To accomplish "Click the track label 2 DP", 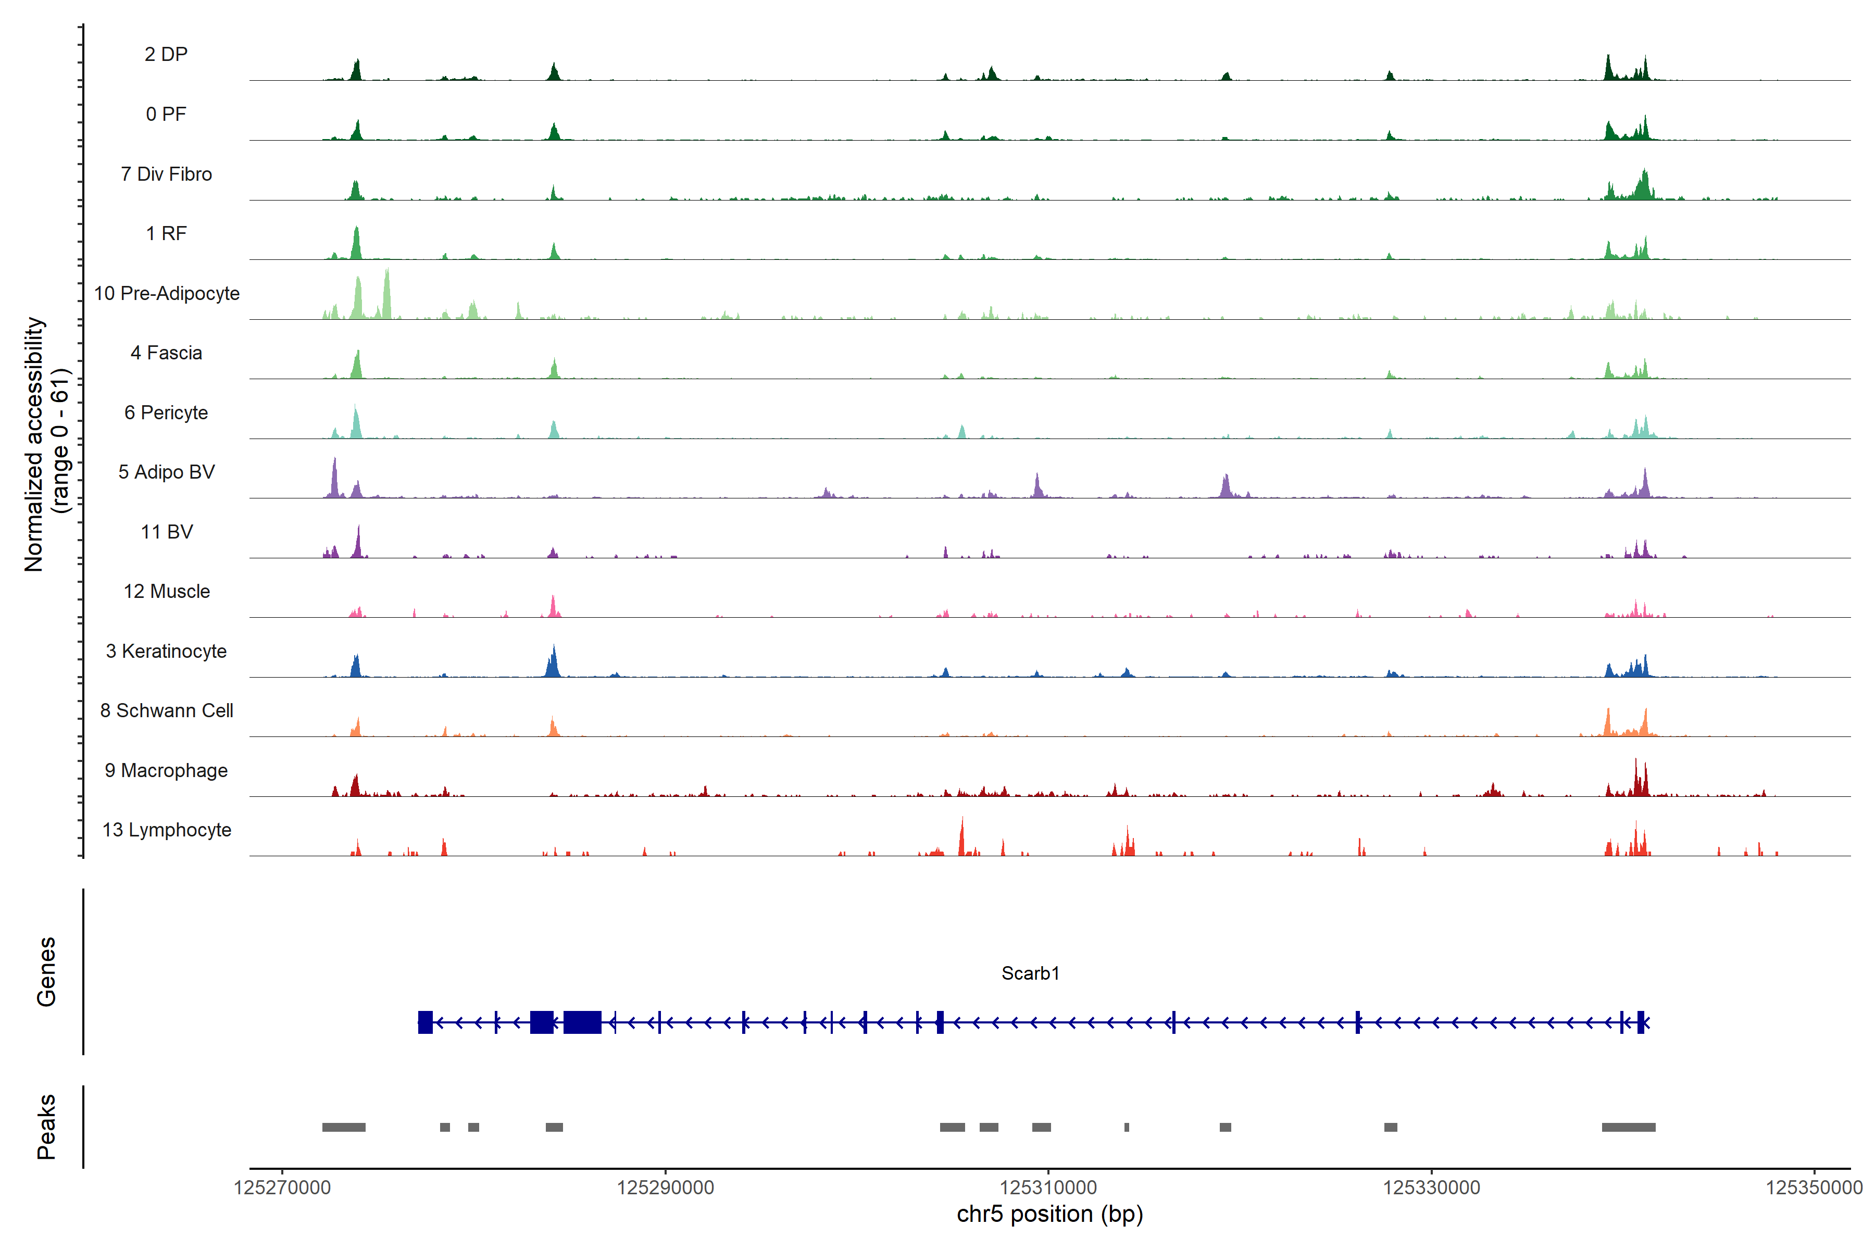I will coord(166,54).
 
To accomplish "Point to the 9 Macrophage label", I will coord(166,770).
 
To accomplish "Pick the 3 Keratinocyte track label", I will coord(166,652).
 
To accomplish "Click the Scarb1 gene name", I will coord(1030,973).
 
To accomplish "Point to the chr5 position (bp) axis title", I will coord(1049,1214).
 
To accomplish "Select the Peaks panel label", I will coord(46,1127).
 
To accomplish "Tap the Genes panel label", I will coord(46,972).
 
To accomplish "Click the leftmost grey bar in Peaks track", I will coord(344,1127).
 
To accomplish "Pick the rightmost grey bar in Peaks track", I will coord(1628,1127).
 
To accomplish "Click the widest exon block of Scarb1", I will coord(582,1022).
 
